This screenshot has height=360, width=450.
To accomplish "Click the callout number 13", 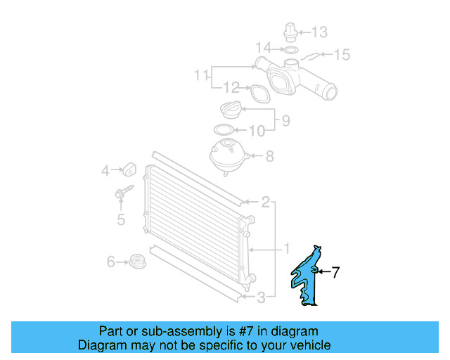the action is (x=320, y=32).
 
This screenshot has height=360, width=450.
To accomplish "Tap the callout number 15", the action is (x=341, y=54).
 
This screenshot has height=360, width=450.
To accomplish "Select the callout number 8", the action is (x=269, y=157).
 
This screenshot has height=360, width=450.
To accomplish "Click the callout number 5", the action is (x=121, y=220).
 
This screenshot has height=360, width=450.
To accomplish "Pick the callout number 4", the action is (x=105, y=169).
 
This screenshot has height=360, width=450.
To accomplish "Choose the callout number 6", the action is (x=111, y=262).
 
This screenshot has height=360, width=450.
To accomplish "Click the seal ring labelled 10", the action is (x=223, y=130).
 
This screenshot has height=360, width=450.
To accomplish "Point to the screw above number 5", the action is (x=121, y=191).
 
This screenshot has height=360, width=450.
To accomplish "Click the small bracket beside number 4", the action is (x=128, y=169).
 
